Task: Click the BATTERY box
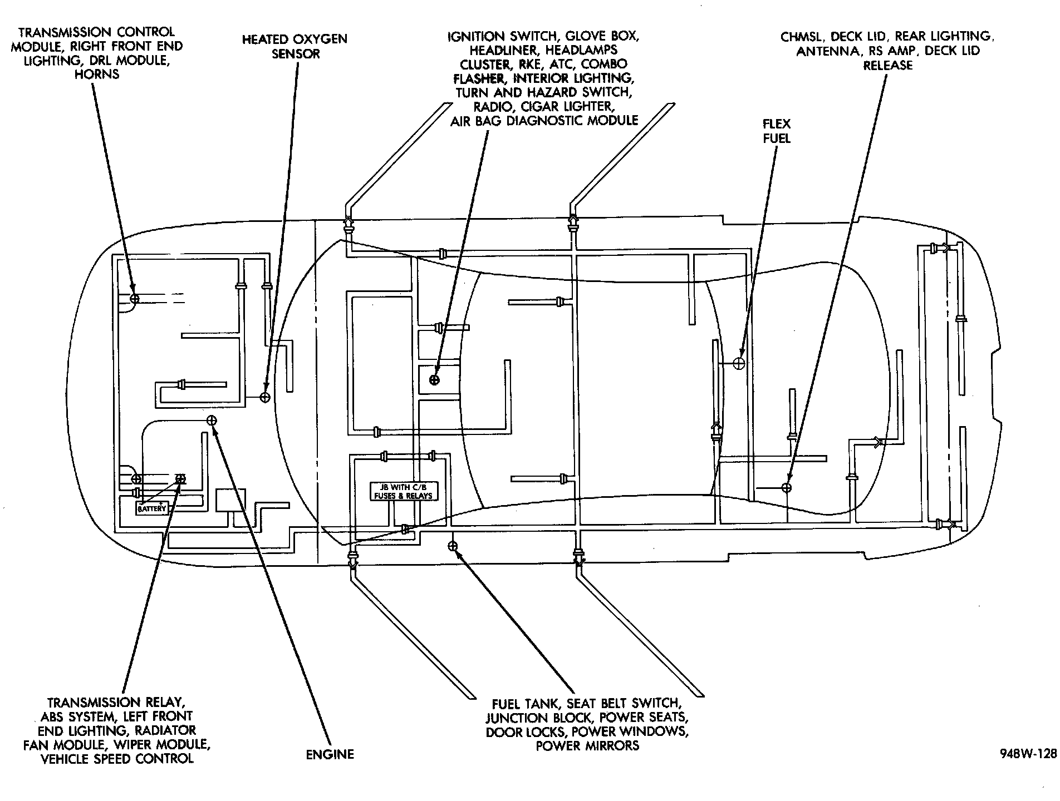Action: pos(152,508)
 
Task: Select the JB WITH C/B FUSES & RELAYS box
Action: pos(404,491)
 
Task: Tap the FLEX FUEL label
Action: pos(777,131)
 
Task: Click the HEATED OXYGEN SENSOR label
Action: pos(295,46)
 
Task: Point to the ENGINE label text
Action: pos(330,754)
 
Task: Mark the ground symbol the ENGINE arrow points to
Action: pos(212,420)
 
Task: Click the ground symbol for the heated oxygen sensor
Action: pos(265,397)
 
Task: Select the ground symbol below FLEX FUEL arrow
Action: pos(739,363)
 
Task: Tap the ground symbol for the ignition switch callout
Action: pos(434,379)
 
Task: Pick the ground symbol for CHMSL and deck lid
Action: pos(787,487)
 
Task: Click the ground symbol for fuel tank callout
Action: pos(453,546)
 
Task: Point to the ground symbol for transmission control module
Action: pos(134,299)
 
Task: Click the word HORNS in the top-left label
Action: pos(97,74)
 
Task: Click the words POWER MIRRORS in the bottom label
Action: pos(587,745)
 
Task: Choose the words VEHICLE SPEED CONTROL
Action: pos(117,758)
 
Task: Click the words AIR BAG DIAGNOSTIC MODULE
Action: pos(544,121)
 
